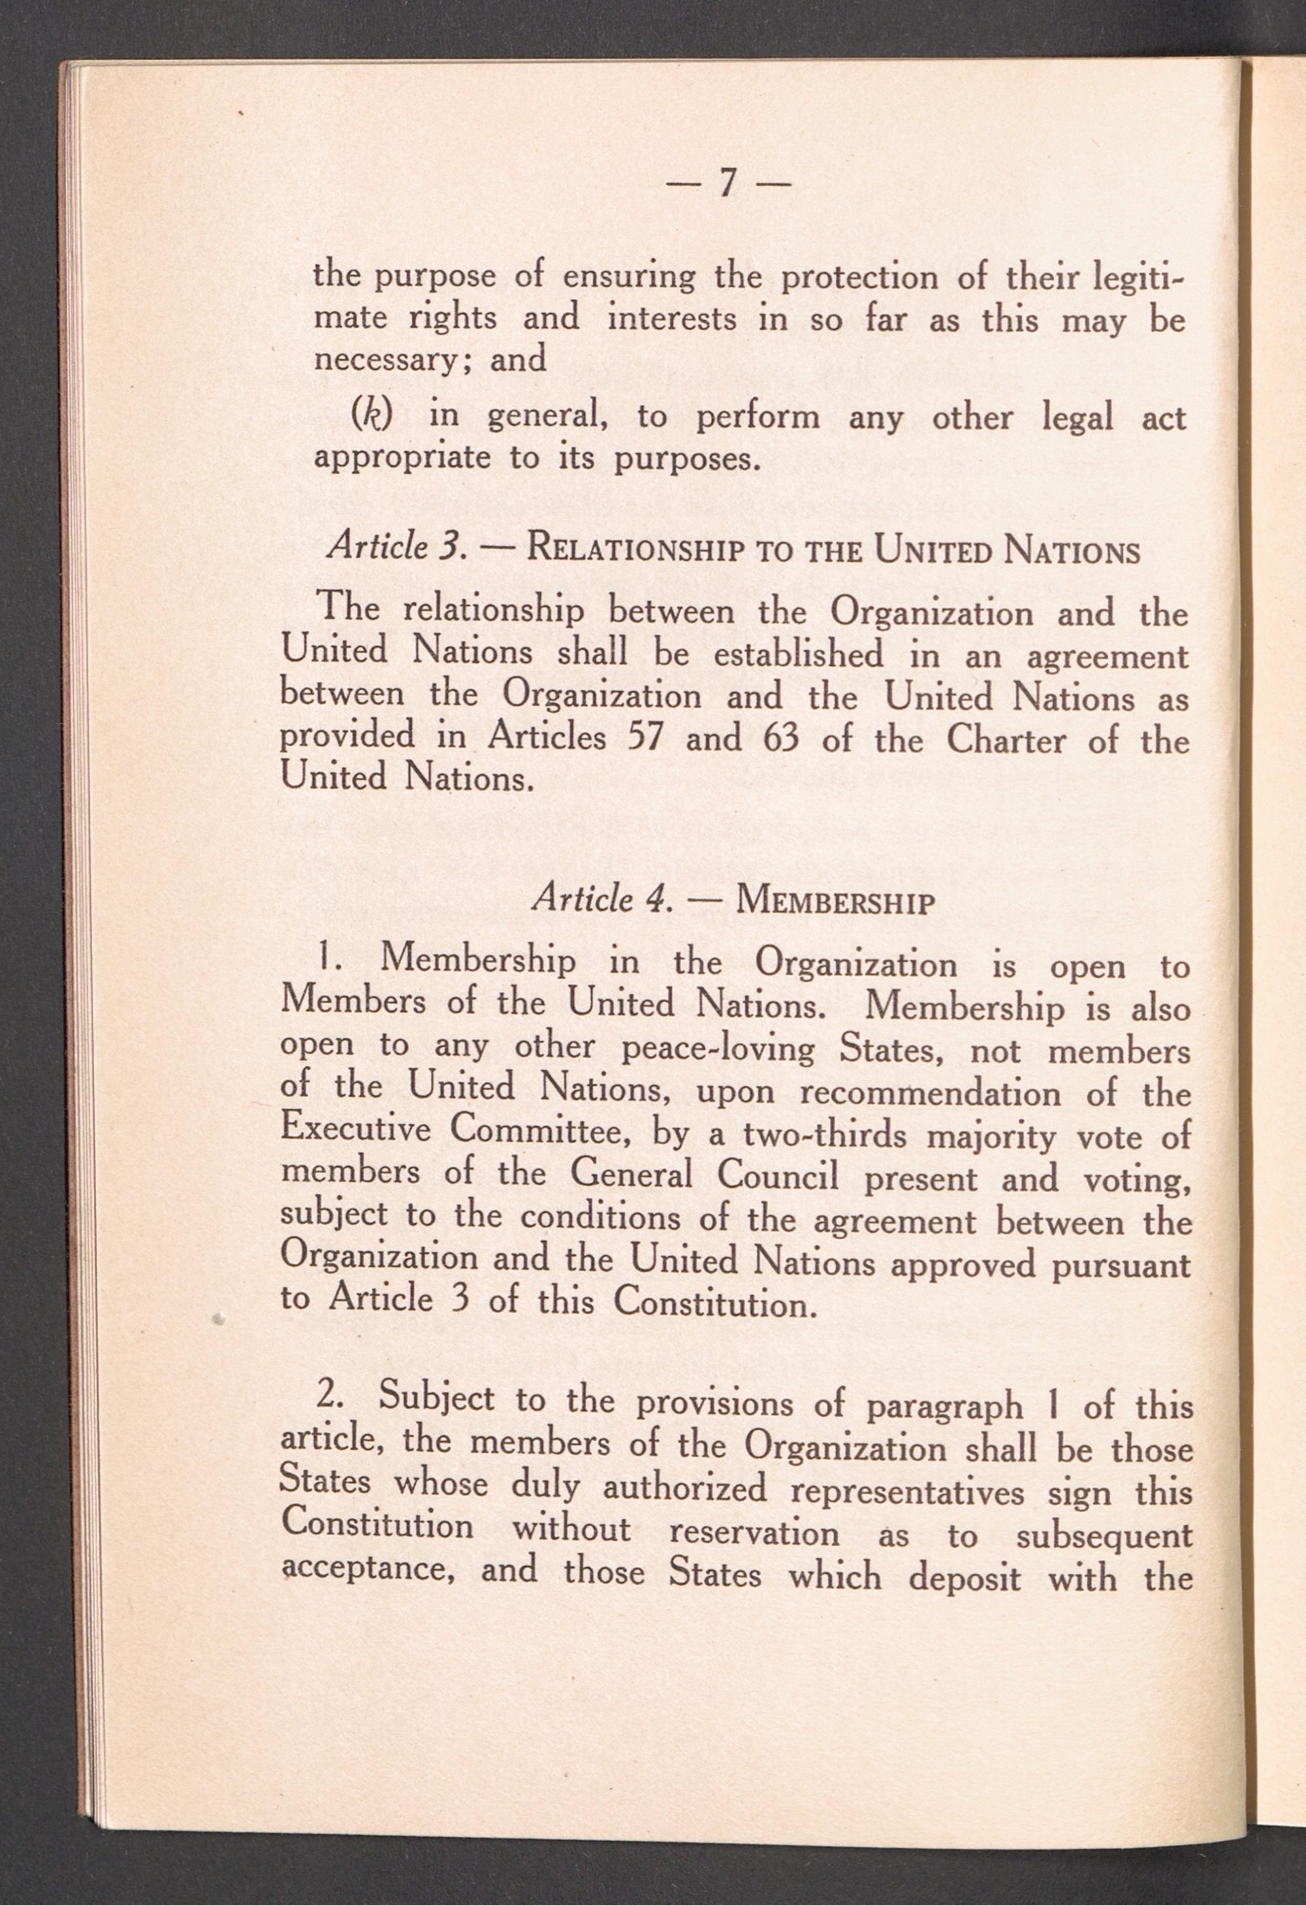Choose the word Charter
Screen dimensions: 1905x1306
pyautogui.click(x=1008, y=740)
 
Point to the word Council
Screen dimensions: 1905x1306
pyautogui.click(x=778, y=1176)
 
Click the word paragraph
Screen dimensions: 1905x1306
pyautogui.click(x=944, y=1407)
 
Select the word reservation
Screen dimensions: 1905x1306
pyautogui.click(x=754, y=1531)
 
